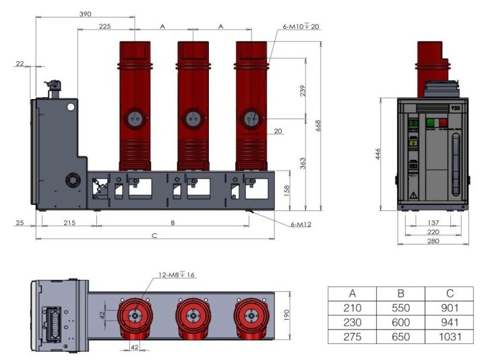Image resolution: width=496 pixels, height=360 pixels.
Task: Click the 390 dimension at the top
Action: point(86,13)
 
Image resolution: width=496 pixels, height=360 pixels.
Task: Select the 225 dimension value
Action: point(105,26)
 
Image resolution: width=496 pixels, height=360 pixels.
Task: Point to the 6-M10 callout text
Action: point(301,27)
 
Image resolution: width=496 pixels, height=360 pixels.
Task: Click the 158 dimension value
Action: point(286,190)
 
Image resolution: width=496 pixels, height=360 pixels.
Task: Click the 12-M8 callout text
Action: point(177,274)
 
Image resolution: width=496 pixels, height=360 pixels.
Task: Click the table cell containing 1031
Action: point(449,336)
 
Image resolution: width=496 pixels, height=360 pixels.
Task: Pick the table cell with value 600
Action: point(400,322)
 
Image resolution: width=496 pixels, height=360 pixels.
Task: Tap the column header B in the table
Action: point(400,294)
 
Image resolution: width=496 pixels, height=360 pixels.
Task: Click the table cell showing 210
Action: point(352,308)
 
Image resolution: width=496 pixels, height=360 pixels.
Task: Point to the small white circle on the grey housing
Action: point(69,107)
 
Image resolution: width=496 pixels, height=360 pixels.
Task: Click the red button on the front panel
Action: point(443,123)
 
